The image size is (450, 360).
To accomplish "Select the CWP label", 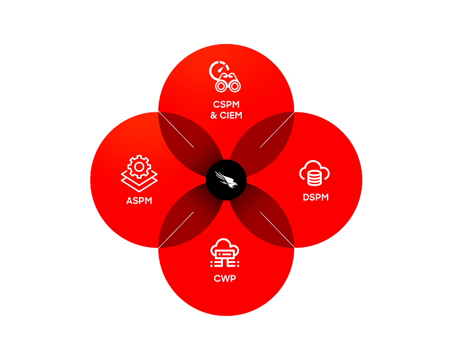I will [225, 278].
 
